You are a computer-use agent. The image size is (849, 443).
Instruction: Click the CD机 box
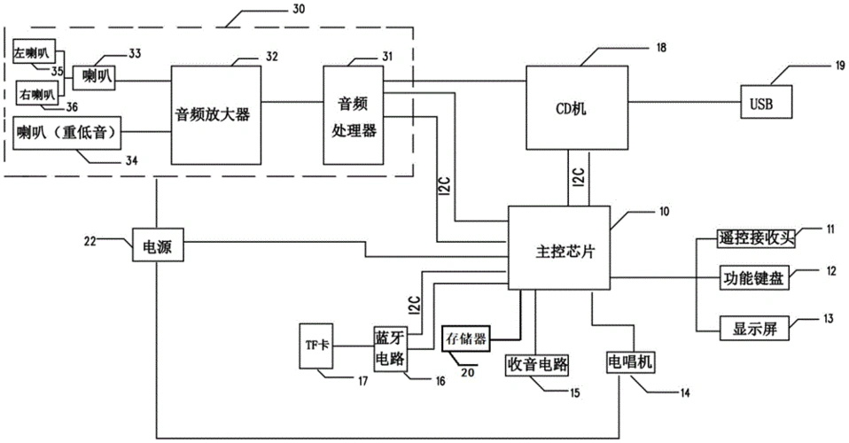click(569, 108)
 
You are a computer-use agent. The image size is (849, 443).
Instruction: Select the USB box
click(760, 105)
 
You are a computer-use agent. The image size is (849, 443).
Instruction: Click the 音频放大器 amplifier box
click(216, 114)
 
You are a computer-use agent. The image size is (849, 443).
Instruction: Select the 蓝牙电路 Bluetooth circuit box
click(389, 346)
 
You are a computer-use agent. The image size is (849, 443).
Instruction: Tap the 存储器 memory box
click(469, 338)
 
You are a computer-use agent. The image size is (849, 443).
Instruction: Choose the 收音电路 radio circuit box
click(537, 363)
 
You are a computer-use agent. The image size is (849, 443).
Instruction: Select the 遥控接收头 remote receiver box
click(756, 237)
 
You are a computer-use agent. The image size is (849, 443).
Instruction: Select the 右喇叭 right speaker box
click(37, 91)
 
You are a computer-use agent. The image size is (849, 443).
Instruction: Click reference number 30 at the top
click(297, 10)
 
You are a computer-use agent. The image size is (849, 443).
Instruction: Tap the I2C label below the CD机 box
click(576, 179)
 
